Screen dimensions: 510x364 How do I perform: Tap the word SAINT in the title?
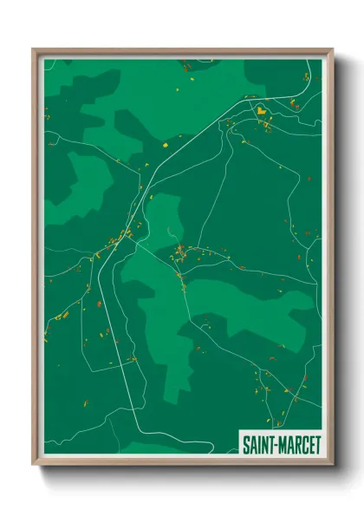[258, 441]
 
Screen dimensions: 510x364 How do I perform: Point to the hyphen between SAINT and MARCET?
[276, 441]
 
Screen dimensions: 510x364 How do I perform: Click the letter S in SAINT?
[245, 441]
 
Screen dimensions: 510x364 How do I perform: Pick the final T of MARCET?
[317, 441]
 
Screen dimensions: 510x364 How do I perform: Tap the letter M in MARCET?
[283, 441]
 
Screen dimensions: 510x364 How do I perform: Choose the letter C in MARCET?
[303, 441]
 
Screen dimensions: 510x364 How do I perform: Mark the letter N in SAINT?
[265, 441]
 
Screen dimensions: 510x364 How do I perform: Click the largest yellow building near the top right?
[259, 111]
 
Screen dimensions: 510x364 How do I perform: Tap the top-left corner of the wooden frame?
[34, 50]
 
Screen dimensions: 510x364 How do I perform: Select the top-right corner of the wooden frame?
[332, 50]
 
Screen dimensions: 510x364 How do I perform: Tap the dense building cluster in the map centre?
[180, 253]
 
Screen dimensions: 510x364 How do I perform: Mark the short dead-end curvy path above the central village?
[170, 232]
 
